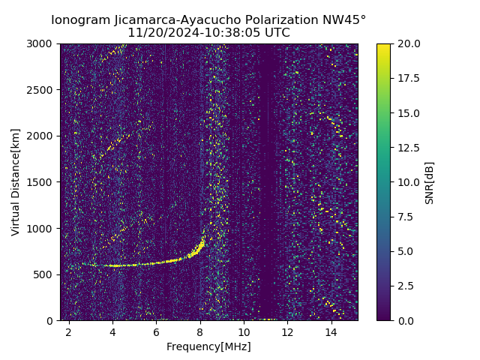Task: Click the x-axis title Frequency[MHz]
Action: point(208,346)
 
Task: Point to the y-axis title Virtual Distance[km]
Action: point(16,181)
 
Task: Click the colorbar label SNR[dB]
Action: point(430,182)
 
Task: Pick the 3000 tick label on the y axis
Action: point(41,44)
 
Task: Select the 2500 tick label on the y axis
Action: point(41,90)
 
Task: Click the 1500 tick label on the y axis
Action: point(41,182)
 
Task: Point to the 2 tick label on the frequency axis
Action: point(69,331)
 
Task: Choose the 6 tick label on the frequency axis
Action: point(156,331)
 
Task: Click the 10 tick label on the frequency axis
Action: point(244,331)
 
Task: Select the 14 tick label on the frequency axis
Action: point(331,331)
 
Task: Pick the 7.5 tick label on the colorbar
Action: point(406,217)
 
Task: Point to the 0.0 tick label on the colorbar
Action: point(406,320)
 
